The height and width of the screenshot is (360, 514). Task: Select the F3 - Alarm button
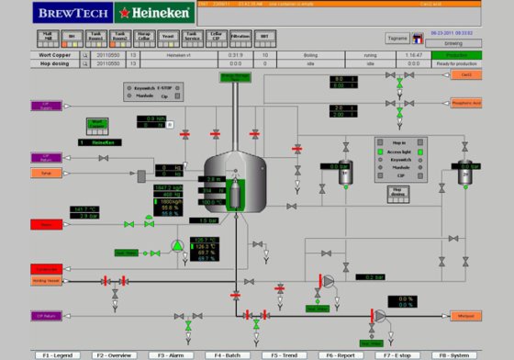pos(173,354)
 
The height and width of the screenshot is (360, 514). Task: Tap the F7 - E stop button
pos(399,354)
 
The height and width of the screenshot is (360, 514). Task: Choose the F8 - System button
pos(456,354)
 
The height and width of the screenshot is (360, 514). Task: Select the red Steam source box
pos(44,224)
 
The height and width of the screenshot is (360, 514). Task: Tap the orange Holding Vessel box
pos(45,280)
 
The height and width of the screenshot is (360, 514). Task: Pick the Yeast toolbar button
pos(167,39)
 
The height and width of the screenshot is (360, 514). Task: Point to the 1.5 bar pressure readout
pos(201,220)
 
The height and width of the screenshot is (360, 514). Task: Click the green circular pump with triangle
pos(177,245)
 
